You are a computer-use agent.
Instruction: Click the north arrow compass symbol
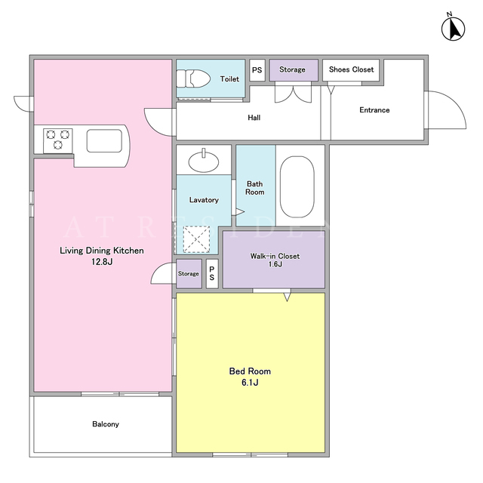click(453, 28)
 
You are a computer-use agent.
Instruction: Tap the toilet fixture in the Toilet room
click(193, 78)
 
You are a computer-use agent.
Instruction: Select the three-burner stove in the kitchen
click(58, 141)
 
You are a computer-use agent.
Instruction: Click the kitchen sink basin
click(104, 141)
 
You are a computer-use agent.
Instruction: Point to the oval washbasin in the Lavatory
click(204, 161)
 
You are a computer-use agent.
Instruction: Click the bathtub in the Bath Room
click(297, 187)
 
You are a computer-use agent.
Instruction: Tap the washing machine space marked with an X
click(196, 239)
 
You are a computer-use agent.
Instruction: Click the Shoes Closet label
click(351, 69)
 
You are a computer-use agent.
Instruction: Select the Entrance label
click(374, 110)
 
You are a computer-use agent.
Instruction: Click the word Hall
click(254, 118)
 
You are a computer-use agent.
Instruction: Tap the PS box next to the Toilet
click(257, 70)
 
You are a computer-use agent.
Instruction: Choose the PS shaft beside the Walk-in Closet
click(212, 273)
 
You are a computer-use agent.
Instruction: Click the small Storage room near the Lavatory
click(189, 273)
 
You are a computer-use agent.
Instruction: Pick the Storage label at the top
click(292, 69)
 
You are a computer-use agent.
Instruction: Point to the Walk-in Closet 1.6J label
click(275, 260)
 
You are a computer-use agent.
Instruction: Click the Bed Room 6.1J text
click(250, 377)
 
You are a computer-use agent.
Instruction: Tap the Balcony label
click(106, 424)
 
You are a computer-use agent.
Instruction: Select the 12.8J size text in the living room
click(102, 262)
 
